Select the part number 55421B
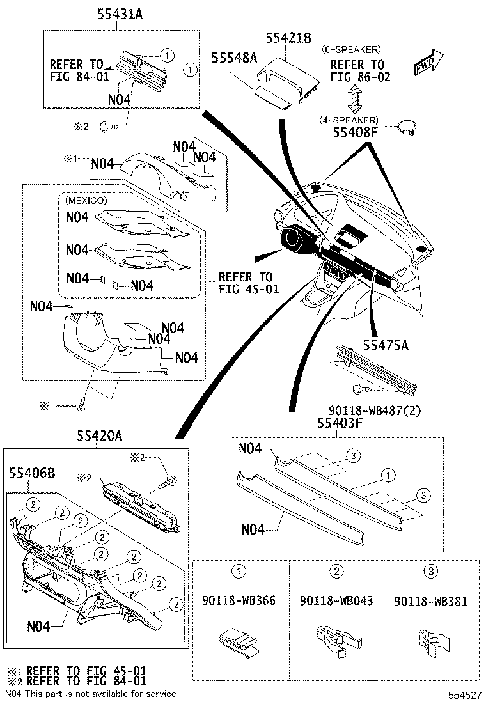pyautogui.click(x=288, y=38)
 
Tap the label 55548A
pyautogui.click(x=234, y=58)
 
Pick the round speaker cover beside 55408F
pyautogui.click(x=407, y=127)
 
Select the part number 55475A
pyautogui.click(x=386, y=345)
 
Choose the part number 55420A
pyautogui.click(x=100, y=436)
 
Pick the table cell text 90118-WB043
pyautogui.click(x=336, y=601)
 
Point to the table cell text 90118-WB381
pyautogui.click(x=430, y=601)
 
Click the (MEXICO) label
pyautogui.click(x=86, y=200)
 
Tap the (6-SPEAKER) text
pyautogui.click(x=351, y=49)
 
